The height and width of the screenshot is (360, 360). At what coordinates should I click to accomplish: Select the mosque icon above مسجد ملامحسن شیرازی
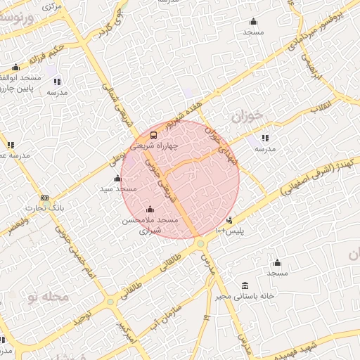(x=149, y=209)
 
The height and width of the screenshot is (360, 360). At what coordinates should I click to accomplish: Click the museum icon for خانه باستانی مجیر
(x=244, y=285)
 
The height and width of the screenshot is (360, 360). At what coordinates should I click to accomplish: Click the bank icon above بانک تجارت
(x=45, y=198)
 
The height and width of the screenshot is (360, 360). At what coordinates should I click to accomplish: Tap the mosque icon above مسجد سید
(x=117, y=178)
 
